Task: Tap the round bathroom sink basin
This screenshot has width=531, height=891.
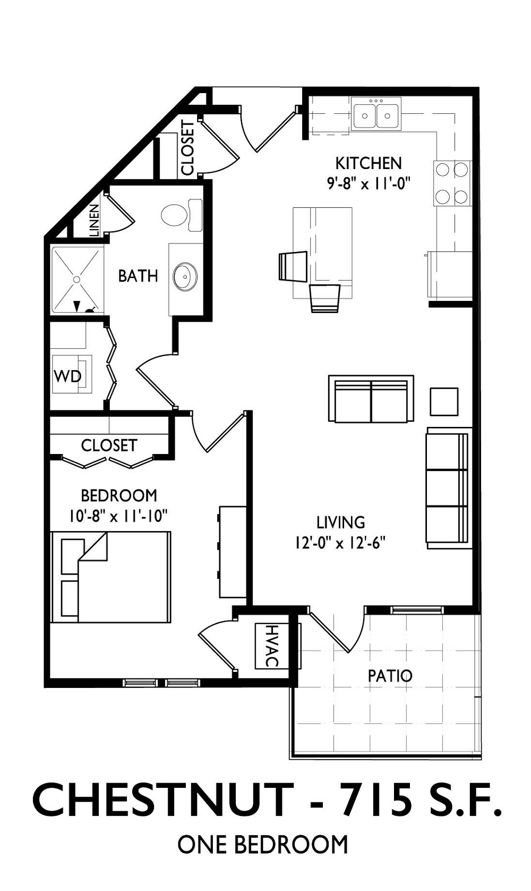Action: point(185,276)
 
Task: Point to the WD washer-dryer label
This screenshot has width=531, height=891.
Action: point(67,376)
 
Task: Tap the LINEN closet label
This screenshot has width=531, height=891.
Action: point(94,221)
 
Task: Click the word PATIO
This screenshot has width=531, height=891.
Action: point(390,675)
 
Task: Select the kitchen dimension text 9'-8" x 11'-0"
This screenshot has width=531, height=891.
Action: point(368,183)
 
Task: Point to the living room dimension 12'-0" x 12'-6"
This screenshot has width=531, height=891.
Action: point(340,543)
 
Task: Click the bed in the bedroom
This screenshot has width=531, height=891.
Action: point(111,577)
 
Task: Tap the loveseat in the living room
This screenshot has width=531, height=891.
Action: point(371,399)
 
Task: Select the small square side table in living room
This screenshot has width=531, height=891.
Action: point(444,402)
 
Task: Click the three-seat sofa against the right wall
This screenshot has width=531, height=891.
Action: point(449,488)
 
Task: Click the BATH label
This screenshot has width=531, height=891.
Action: point(138,276)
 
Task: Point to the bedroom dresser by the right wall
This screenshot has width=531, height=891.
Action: point(233,551)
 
